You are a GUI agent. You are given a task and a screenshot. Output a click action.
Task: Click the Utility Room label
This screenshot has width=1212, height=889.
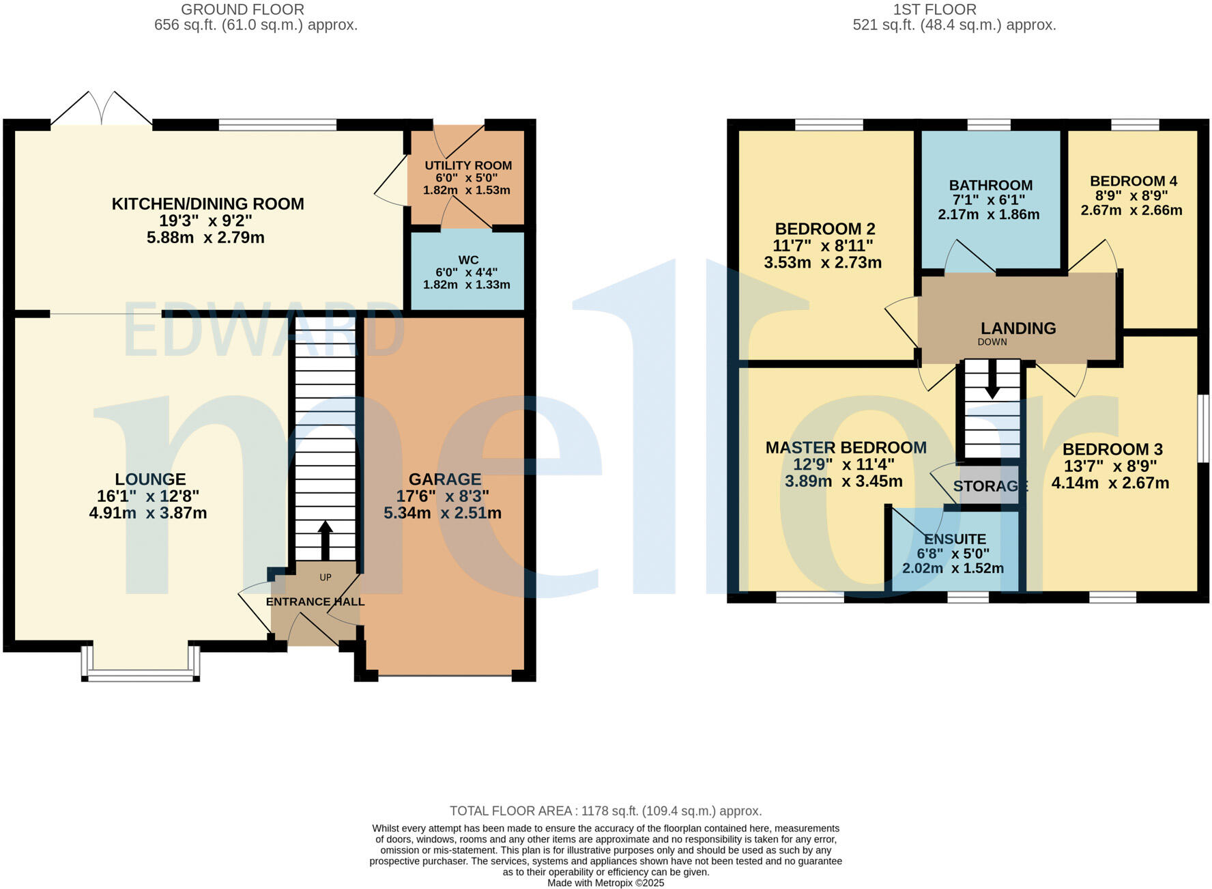[468, 165]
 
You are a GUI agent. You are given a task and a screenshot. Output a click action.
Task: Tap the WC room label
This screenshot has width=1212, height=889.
[468, 259]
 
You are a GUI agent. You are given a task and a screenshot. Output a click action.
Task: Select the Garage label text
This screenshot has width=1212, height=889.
[445, 479]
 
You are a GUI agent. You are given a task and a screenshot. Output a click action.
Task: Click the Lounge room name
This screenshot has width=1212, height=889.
[150, 479]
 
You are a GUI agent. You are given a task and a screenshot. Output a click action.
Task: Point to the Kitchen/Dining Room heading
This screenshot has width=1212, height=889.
[208, 203]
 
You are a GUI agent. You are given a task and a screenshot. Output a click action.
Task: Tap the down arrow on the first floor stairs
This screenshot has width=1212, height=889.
[992, 380]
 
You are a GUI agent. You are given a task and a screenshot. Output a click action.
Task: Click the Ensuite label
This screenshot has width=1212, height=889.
[955, 539]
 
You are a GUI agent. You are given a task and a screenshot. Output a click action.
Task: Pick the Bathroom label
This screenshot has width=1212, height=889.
[991, 185]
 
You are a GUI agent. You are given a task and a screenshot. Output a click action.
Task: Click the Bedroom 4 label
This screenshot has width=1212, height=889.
[1134, 181]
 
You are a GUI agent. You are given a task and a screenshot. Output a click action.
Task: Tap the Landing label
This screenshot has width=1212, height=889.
[1018, 328]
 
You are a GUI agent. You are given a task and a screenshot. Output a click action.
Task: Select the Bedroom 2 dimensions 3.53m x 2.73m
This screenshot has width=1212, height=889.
[823, 262]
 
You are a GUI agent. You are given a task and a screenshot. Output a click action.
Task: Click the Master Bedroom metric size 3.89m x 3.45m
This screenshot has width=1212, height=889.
[844, 481]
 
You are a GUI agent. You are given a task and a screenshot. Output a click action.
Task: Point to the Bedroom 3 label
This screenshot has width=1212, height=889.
[1112, 449]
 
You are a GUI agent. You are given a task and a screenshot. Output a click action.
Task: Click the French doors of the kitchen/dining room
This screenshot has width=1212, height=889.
[102, 109]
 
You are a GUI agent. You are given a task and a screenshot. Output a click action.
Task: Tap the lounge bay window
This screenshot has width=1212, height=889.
[141, 662]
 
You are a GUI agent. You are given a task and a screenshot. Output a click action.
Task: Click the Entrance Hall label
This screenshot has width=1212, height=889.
[315, 602]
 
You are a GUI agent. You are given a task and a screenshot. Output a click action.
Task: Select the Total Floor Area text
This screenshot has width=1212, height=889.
[606, 811]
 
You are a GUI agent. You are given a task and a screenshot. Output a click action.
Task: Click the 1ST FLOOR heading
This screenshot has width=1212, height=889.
[935, 10]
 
